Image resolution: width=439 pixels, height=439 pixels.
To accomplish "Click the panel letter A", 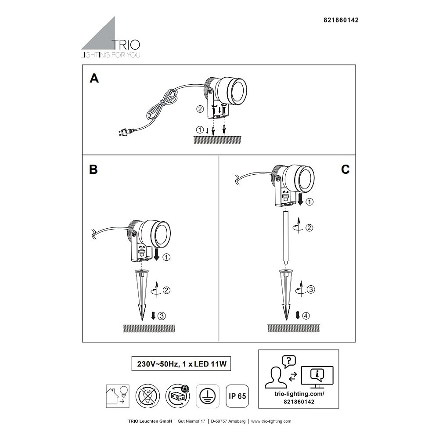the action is coord(94,79).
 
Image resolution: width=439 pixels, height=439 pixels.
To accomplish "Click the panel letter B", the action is coord(93,169).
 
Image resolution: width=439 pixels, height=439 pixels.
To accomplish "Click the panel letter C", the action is coord(345,169).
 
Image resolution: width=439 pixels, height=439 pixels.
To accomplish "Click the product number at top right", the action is coord(341,20).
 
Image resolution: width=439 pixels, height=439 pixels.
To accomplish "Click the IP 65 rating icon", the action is coord(237,396).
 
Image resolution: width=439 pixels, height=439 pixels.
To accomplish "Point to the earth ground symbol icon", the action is coord(208,396).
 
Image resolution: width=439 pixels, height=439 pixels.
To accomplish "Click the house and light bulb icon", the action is coord(118,396).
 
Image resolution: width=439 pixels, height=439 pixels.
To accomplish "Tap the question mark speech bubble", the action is coord(289,361).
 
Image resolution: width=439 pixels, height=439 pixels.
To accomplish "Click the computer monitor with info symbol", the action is coord(317,377).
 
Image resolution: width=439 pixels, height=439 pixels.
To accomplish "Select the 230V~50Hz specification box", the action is coord(181,364).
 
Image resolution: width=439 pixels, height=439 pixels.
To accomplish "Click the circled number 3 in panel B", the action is coord(162,316).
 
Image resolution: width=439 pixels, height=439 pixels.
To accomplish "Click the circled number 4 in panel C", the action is coord(306,316).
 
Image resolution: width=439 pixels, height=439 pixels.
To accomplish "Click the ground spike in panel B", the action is coord(142,295).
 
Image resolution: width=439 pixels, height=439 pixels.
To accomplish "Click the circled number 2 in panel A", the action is coord(200,109).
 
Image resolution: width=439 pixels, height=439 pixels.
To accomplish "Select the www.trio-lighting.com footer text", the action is coord(271,421).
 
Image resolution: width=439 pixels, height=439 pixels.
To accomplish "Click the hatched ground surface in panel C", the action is coord(293,328).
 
